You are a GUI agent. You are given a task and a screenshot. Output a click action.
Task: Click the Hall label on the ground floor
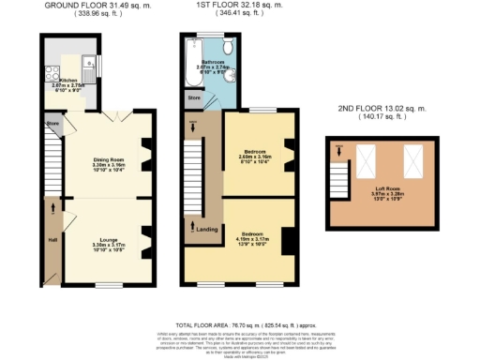click(52, 239)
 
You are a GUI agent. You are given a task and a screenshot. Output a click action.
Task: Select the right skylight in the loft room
click(412, 161)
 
